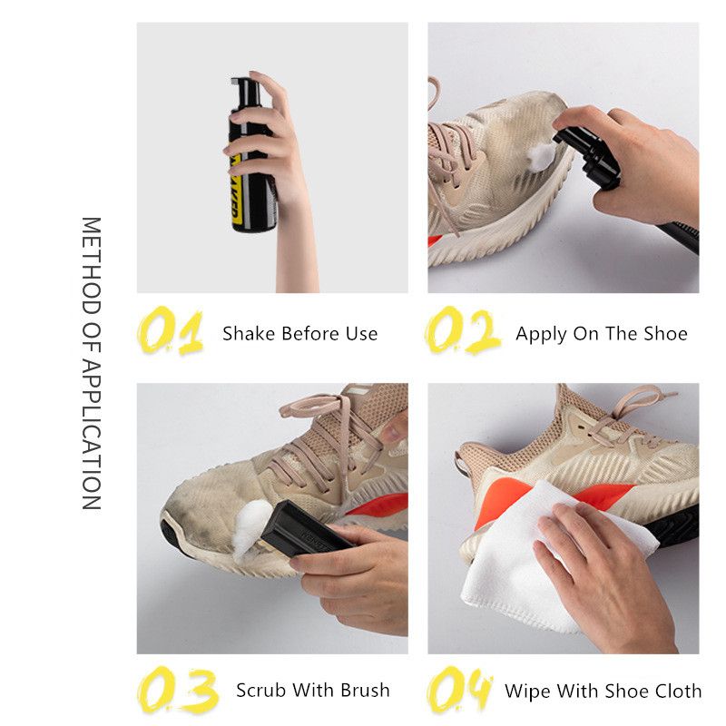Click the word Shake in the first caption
pyautogui.click(x=248, y=333)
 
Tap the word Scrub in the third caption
pyautogui.click(x=260, y=690)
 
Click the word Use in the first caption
pyautogui.click(x=360, y=333)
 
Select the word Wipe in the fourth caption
pyautogui.click(x=525, y=691)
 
